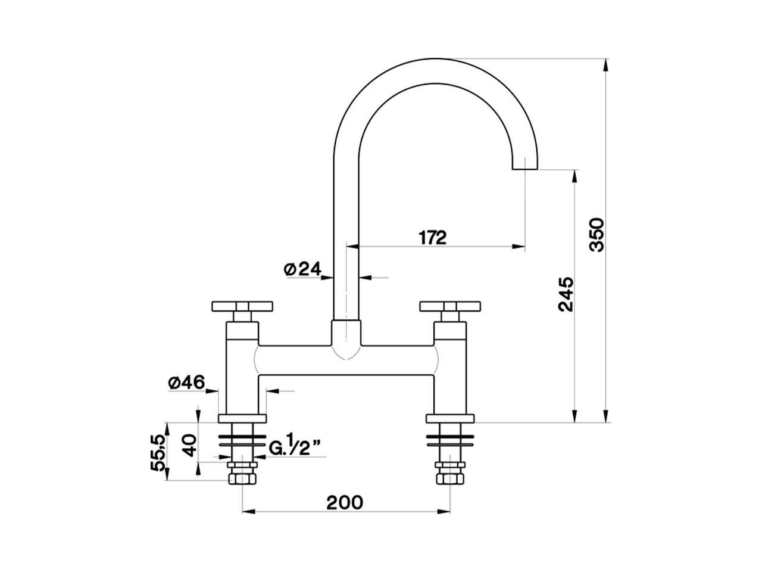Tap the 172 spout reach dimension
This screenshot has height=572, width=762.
[x=432, y=237]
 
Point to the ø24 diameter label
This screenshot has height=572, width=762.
[x=302, y=269]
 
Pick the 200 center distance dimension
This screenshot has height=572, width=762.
[x=344, y=502]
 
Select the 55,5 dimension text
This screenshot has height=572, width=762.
[x=158, y=453]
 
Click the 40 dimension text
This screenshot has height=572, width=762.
[x=189, y=445]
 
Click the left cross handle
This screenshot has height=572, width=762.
[x=242, y=306]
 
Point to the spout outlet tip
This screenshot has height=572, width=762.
[x=525, y=167]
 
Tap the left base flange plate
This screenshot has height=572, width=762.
[x=243, y=418]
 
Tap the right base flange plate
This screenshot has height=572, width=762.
[x=450, y=418]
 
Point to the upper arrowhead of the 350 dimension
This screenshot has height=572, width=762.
[x=606, y=63]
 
